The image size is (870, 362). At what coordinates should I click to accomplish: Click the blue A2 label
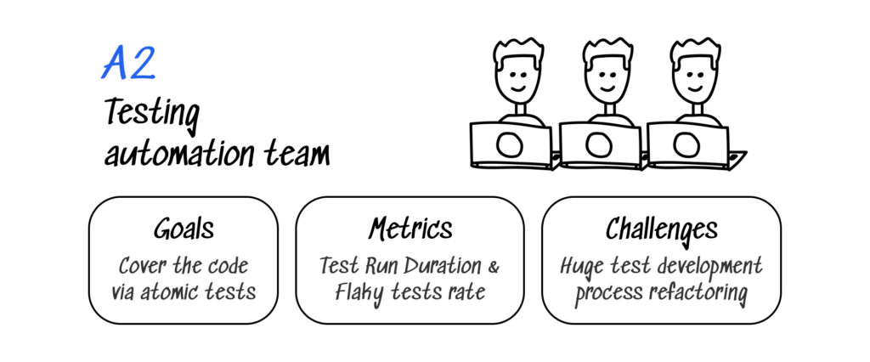pyautogui.click(x=128, y=64)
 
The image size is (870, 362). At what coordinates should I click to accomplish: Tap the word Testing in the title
pyautogui.click(x=153, y=114)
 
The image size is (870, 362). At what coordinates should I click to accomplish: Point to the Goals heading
pyautogui.click(x=184, y=229)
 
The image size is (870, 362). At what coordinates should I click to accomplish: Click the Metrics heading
pyautogui.click(x=410, y=229)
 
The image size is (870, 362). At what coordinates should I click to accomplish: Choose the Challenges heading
pyautogui.click(x=661, y=229)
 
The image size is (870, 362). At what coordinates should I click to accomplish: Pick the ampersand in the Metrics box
pyautogui.click(x=492, y=265)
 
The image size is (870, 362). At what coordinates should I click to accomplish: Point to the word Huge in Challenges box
pyautogui.click(x=581, y=265)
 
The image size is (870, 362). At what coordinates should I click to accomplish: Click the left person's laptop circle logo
pyautogui.click(x=509, y=145)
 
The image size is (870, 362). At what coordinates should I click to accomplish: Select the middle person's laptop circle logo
pyautogui.click(x=597, y=145)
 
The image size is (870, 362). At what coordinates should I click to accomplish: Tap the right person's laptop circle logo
pyautogui.click(x=686, y=145)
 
